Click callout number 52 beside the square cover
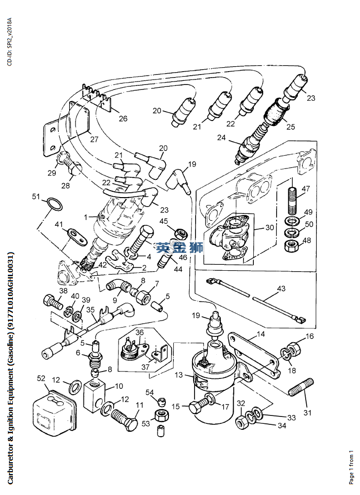tap(41, 378)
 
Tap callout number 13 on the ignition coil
tap(179, 375)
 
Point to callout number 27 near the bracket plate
tap(94, 139)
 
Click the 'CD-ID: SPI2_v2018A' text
tap(9, 41)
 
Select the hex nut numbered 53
tap(161, 415)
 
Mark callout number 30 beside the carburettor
tap(269, 227)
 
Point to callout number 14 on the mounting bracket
tap(261, 334)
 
